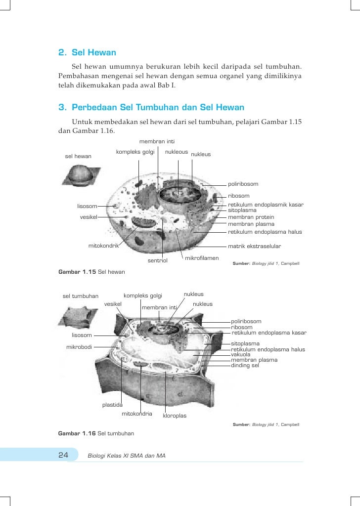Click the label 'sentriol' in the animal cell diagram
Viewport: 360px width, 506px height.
click(x=158, y=260)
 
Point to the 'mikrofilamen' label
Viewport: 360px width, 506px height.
click(x=202, y=258)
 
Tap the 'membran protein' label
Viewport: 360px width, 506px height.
click(x=251, y=217)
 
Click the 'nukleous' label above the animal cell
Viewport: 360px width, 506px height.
click(x=177, y=152)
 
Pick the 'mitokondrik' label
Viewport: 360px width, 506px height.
click(x=104, y=246)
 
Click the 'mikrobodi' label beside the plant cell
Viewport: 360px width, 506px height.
click(x=80, y=347)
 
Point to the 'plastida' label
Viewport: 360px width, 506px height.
click(x=112, y=405)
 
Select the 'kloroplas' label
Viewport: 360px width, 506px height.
click(x=175, y=416)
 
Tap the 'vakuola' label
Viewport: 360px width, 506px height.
click(x=241, y=355)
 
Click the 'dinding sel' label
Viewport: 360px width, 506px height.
click(x=245, y=366)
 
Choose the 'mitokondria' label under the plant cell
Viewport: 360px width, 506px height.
click(x=137, y=413)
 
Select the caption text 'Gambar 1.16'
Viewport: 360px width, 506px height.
click(x=77, y=433)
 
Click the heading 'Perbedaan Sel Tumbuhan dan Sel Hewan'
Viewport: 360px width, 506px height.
click(x=158, y=107)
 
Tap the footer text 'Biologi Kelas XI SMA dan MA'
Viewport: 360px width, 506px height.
click(x=126, y=455)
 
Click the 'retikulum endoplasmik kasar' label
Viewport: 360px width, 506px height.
click(x=266, y=205)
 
